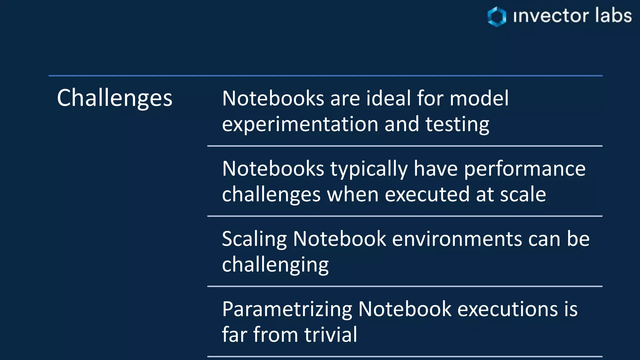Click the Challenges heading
[x=114, y=98]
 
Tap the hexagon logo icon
[x=497, y=16]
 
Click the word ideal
[x=388, y=98]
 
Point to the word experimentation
[x=300, y=124]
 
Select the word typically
[x=369, y=169]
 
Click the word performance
[x=525, y=169]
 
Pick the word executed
[x=427, y=194]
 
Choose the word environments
[x=457, y=239]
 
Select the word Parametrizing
[x=287, y=309]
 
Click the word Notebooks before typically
[x=273, y=169]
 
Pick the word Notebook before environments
[x=340, y=239]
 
